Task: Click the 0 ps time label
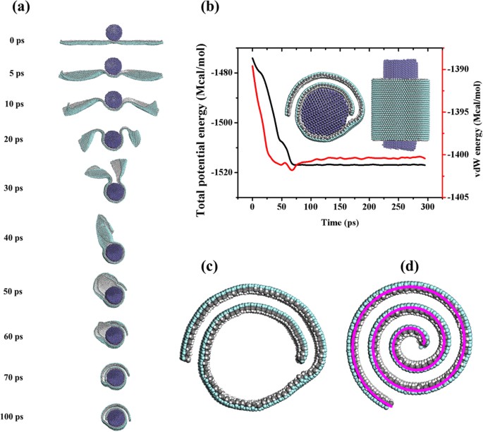point(16,41)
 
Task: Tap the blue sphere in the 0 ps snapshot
point(114,32)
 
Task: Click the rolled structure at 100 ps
point(114,412)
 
